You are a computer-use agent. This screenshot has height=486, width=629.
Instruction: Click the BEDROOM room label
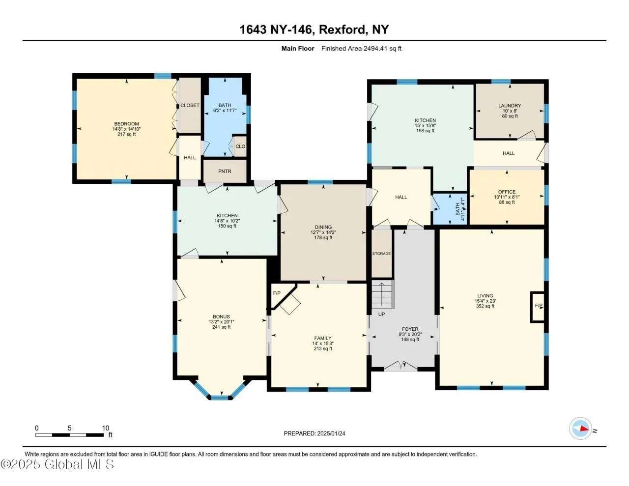click(x=126, y=124)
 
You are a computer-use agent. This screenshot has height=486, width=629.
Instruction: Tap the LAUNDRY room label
click(x=510, y=106)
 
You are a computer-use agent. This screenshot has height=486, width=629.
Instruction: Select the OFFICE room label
click(x=507, y=192)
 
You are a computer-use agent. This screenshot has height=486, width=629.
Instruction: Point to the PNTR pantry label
click(x=225, y=172)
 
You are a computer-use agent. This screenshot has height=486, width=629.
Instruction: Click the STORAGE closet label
click(x=381, y=254)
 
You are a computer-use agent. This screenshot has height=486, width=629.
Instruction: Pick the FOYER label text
click(x=410, y=329)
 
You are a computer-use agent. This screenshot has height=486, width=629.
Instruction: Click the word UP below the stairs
click(x=381, y=314)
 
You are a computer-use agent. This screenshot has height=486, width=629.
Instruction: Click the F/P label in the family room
click(x=277, y=293)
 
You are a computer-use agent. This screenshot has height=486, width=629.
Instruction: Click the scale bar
click(x=69, y=435)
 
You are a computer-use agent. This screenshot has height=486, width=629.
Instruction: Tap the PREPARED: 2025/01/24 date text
click(x=314, y=433)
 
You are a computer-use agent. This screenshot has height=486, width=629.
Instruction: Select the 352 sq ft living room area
click(x=485, y=306)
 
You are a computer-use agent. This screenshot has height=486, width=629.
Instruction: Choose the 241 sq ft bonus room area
click(x=222, y=327)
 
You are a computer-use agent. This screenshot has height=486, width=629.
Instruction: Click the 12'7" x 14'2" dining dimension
click(x=323, y=232)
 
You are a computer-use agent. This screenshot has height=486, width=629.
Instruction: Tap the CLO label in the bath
click(x=240, y=146)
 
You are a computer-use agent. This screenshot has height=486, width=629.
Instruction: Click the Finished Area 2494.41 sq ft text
click(x=361, y=49)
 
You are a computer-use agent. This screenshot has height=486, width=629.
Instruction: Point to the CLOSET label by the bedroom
click(x=190, y=105)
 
